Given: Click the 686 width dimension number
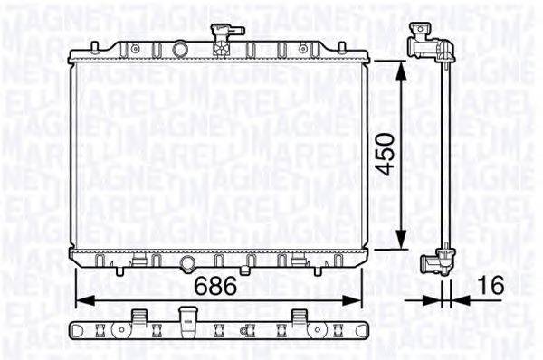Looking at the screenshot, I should point(215,287).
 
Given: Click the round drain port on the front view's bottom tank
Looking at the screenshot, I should point(186,264).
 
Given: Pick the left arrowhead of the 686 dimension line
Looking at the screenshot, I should point(78,299).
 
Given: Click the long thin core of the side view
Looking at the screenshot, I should point(445,154).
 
